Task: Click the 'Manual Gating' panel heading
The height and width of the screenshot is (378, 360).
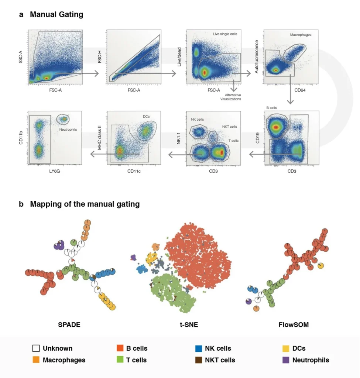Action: (56, 14)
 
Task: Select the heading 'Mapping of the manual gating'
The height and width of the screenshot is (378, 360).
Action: (85, 204)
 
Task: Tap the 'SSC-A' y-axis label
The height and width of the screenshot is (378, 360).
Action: (21, 57)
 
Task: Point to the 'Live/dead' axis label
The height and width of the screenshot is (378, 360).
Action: (179, 57)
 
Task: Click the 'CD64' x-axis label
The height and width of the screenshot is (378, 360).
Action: (300, 90)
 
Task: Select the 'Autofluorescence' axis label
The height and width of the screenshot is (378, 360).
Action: (256, 56)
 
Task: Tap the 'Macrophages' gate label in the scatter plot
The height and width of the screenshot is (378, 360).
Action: (301, 35)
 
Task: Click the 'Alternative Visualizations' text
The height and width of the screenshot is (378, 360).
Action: (230, 97)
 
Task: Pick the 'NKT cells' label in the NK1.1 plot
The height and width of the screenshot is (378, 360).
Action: (229, 127)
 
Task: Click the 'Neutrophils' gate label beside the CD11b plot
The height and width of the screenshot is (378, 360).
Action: (68, 130)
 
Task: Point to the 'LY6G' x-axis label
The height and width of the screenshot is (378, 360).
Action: (55, 171)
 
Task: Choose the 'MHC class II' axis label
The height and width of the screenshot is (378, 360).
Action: (99, 138)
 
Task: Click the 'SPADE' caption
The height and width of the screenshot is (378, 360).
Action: (69, 325)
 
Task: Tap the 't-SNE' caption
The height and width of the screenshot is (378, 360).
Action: (189, 325)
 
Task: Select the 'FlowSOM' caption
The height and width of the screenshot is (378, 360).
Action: (294, 325)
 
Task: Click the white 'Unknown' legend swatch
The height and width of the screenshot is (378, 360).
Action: (36, 348)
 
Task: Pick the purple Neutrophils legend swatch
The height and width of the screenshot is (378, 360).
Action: (286, 360)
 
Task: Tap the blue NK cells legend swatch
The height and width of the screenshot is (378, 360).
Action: (198, 348)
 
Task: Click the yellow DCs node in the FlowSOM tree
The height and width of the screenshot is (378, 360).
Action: (320, 266)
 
